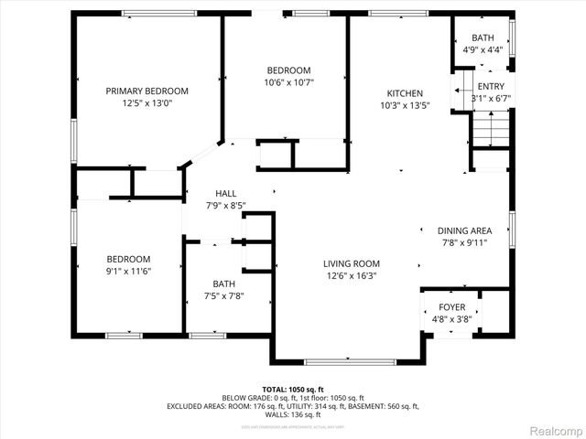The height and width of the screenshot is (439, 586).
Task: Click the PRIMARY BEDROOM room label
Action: (146, 91)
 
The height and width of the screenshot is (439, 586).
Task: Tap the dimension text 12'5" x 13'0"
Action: (146, 103)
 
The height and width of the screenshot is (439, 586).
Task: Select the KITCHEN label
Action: (404, 93)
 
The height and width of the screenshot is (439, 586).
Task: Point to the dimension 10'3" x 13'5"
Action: (404, 106)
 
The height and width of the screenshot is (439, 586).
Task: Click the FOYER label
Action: (451, 307)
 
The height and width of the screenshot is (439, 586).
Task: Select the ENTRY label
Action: (490, 86)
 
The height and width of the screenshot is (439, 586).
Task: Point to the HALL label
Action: (225, 193)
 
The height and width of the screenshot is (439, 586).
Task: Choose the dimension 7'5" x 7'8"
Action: (224, 296)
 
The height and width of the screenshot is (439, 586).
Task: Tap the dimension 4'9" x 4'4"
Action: (482, 49)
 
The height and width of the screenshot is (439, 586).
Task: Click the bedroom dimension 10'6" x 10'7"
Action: (288, 83)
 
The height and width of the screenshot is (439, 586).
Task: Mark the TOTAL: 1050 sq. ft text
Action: (293, 390)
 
